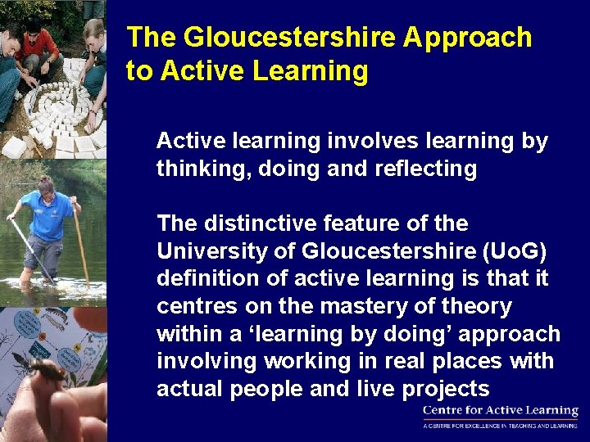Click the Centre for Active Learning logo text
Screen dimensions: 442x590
click(500, 411)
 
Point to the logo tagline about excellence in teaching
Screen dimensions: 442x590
click(500, 426)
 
